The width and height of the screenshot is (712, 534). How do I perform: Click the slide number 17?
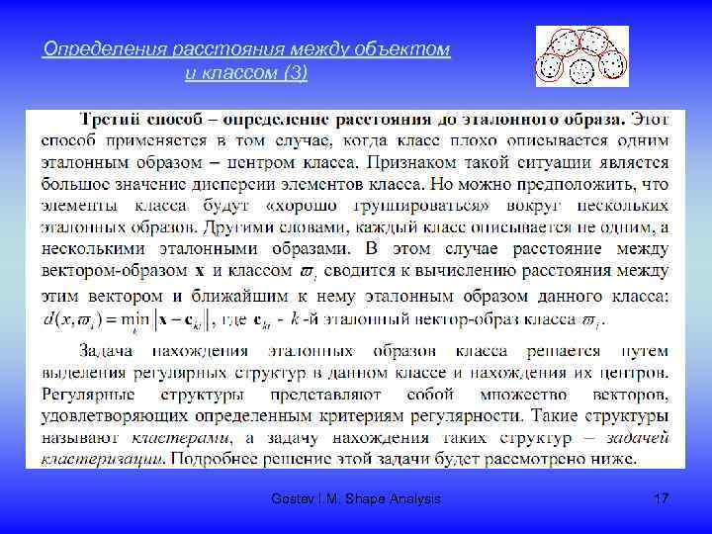point(662,499)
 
